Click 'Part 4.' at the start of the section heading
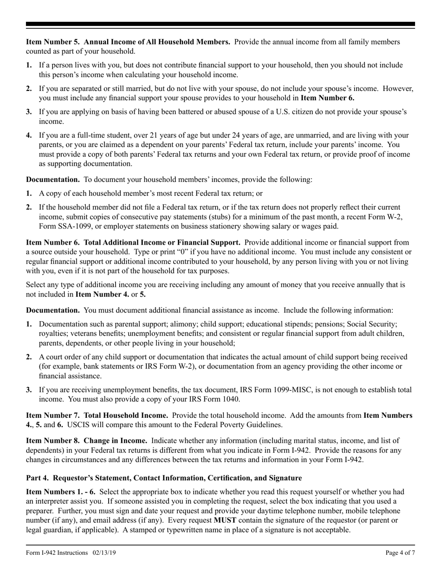[x=36, y=478]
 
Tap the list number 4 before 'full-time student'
[x=29, y=136]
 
